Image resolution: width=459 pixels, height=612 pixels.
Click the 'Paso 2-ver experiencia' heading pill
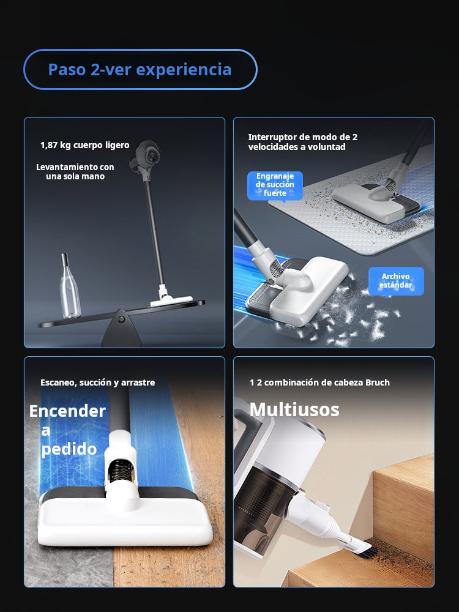tap(141, 70)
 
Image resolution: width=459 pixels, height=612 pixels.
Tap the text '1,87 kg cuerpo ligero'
tap(84, 145)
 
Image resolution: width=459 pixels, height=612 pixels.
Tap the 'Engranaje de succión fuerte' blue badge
tap(275, 185)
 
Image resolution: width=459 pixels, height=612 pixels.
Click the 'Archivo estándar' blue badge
tap(396, 281)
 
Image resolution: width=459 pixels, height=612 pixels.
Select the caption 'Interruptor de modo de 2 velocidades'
tap(303, 142)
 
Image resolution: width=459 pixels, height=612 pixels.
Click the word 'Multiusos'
tap(294, 409)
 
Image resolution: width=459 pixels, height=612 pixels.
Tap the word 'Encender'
tap(67, 411)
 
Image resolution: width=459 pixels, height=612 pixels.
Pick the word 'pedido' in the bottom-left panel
tap(69, 449)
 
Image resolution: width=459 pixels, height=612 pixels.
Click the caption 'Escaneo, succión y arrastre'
tap(97, 382)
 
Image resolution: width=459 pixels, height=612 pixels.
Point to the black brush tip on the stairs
tap(368, 551)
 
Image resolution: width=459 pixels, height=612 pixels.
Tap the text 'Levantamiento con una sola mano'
tap(75, 172)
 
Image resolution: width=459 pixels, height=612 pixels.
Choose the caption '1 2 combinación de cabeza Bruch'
tap(319, 382)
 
